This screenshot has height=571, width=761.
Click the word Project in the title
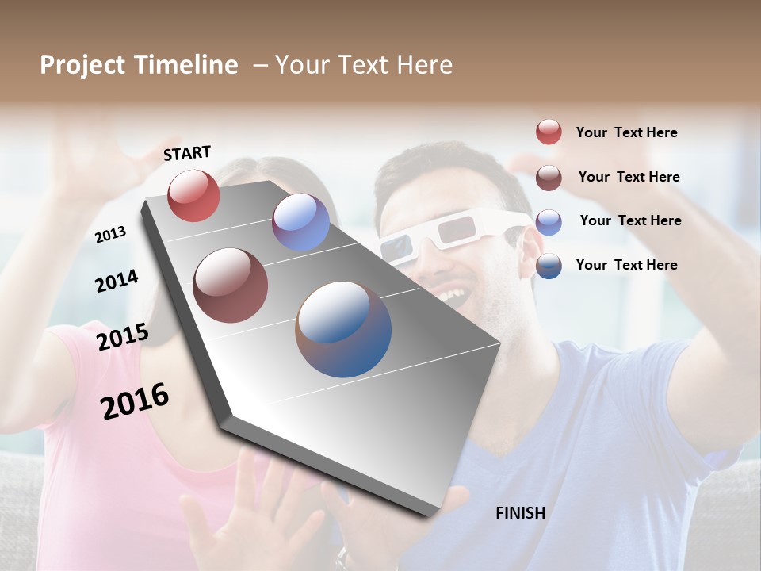click(82, 66)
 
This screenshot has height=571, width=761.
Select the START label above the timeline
click(187, 153)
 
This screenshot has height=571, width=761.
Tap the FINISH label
click(521, 513)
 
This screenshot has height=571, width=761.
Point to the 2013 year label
click(111, 235)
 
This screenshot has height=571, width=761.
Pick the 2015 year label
click(123, 337)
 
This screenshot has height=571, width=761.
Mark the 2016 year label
click(135, 401)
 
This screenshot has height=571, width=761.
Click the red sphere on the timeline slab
click(193, 195)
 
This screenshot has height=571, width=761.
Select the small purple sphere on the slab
click(300, 222)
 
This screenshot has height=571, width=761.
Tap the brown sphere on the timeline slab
click(231, 285)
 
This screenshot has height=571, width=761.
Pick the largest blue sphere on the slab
click(343, 329)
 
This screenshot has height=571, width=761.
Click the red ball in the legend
click(549, 132)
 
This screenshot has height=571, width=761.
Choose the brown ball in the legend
click(549, 178)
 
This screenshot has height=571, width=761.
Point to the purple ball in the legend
click(549, 222)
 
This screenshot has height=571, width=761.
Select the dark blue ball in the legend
click(549, 266)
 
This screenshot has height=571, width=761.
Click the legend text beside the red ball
click(626, 133)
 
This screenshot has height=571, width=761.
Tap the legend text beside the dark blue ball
click(626, 265)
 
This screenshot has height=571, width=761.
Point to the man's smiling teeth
click(453, 296)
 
